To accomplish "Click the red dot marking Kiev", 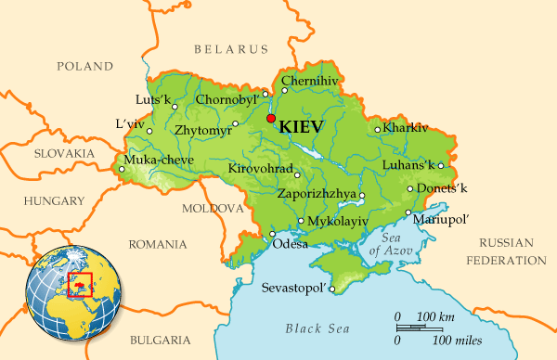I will click(x=270, y=120).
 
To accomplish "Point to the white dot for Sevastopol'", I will click(x=331, y=288).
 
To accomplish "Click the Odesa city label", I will click(x=290, y=244).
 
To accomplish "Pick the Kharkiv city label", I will click(x=406, y=127).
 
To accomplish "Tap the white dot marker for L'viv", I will click(x=149, y=131).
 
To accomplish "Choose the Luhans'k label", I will click(x=408, y=165).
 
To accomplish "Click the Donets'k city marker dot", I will click(x=409, y=188).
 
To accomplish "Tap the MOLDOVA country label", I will click(x=213, y=209).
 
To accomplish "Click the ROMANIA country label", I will click(x=158, y=245).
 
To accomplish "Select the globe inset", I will click(x=75, y=284).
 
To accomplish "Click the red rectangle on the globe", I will click(x=84, y=281).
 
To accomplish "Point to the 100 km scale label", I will click(x=435, y=318).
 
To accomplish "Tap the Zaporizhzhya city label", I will click(x=317, y=194).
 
